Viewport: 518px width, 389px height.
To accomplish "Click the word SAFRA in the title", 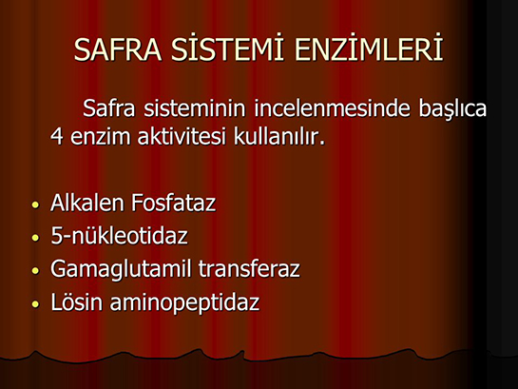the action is click(x=118, y=49).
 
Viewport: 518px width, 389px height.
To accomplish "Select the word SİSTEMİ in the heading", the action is click(x=227, y=48).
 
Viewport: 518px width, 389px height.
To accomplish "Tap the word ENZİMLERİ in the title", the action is click(x=369, y=48).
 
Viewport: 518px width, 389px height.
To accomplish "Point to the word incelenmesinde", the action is click(x=332, y=108).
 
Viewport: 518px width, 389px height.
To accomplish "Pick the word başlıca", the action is click(x=452, y=108).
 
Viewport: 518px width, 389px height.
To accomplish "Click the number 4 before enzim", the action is click(x=57, y=136).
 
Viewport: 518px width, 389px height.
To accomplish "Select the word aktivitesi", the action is click(x=182, y=136).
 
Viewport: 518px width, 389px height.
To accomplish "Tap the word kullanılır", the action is click(x=279, y=136).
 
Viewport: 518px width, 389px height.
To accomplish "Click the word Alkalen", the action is click(x=87, y=203).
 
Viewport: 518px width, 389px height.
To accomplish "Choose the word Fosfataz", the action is click(x=174, y=203).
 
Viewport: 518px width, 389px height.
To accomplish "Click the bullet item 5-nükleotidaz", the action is click(x=119, y=235).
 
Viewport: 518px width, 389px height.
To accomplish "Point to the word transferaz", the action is click(x=249, y=268).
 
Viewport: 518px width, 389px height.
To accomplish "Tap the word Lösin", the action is click(x=77, y=301).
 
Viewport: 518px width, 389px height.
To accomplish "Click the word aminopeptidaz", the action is click(x=185, y=303).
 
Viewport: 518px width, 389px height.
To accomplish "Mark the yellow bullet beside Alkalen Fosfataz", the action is click(x=35, y=204).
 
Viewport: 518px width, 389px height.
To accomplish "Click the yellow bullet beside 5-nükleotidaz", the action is click(x=35, y=238).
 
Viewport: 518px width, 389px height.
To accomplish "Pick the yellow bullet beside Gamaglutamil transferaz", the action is click(x=35, y=271).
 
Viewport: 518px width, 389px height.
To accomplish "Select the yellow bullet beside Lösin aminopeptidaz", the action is click(x=35, y=304).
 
